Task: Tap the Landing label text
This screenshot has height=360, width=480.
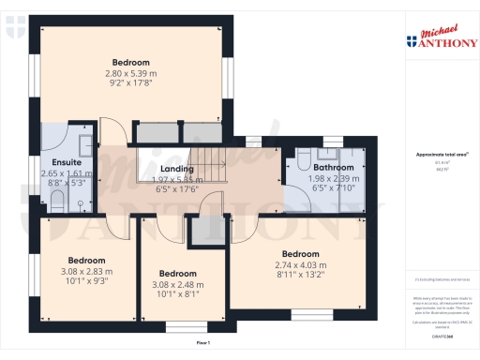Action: [x=176, y=169]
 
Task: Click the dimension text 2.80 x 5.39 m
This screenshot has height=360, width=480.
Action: [x=130, y=72]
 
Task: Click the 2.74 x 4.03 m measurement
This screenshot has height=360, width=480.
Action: [x=302, y=264]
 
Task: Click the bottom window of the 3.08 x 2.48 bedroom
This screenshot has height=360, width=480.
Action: [x=181, y=326]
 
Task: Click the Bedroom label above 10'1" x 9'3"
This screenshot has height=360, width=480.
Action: [x=86, y=260]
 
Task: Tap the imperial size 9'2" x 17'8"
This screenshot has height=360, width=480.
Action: [x=130, y=82]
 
